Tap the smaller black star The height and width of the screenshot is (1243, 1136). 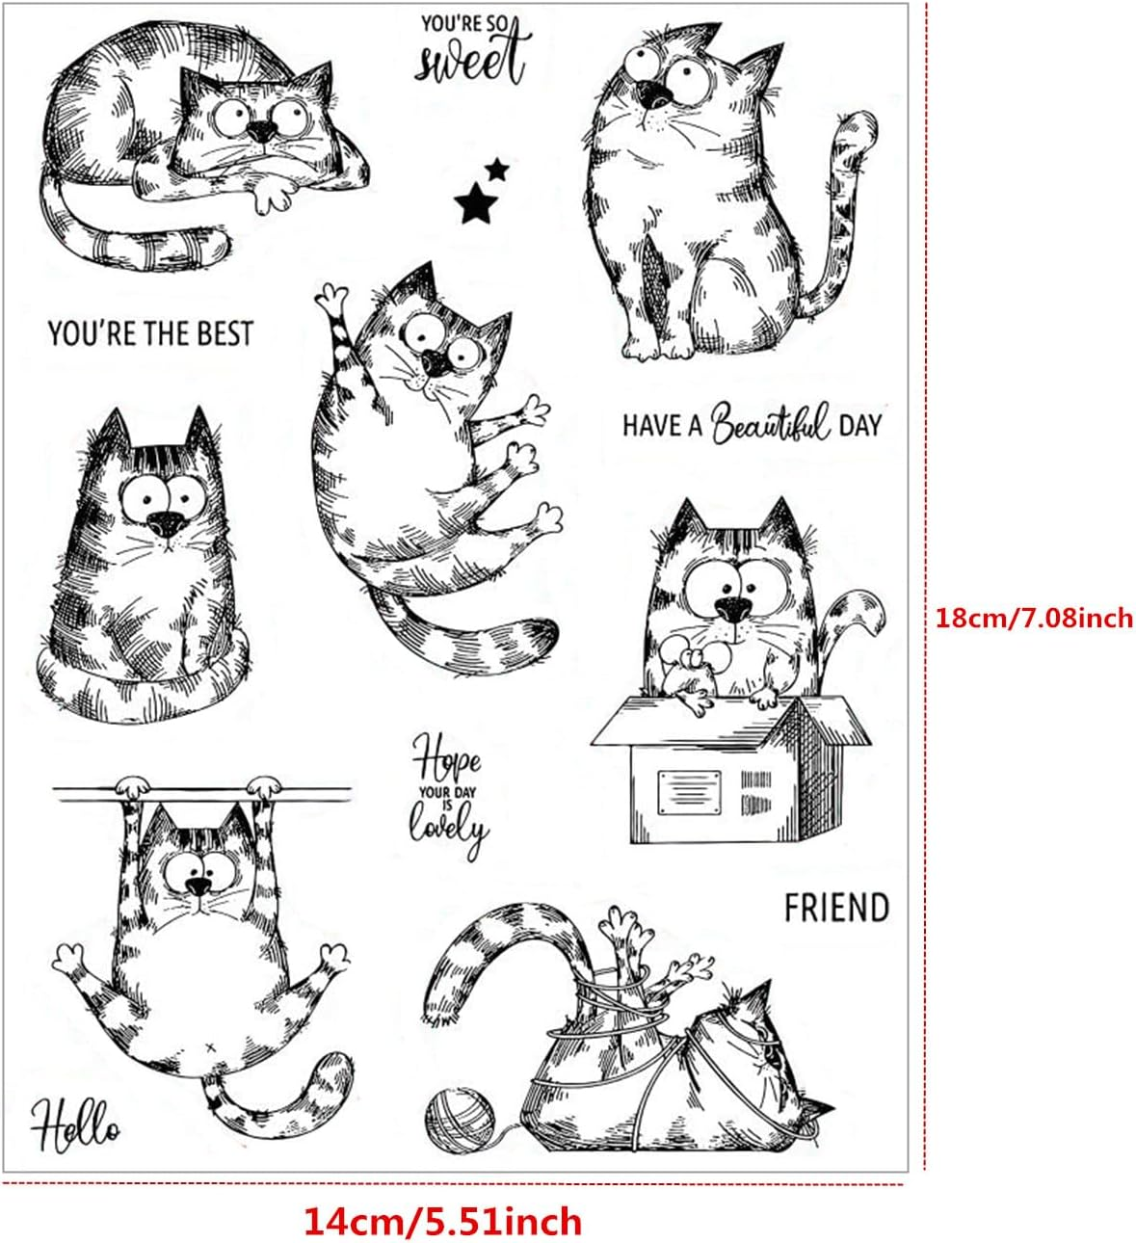tap(497, 170)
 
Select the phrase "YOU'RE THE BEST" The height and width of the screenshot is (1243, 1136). tap(150, 334)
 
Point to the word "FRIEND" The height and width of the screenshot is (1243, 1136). tap(835, 908)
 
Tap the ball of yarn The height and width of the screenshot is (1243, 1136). tap(460, 1124)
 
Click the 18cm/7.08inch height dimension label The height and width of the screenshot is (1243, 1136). tap(1034, 617)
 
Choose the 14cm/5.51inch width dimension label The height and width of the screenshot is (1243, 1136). tap(443, 1221)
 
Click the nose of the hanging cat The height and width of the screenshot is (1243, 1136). tap(198, 886)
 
